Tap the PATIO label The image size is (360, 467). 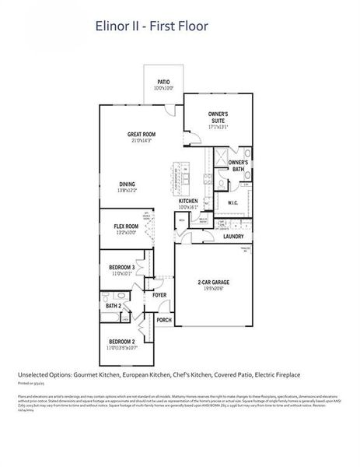point(163,82)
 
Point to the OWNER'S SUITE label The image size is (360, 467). point(218,118)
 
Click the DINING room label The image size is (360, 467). point(127,184)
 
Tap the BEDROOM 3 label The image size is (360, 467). point(122,267)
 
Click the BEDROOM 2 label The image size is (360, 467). point(122,342)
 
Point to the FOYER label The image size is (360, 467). point(159,295)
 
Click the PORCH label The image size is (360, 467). point(164,320)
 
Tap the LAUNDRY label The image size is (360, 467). point(233,237)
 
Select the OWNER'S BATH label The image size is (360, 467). point(239,165)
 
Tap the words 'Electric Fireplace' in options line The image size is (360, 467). point(275,374)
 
